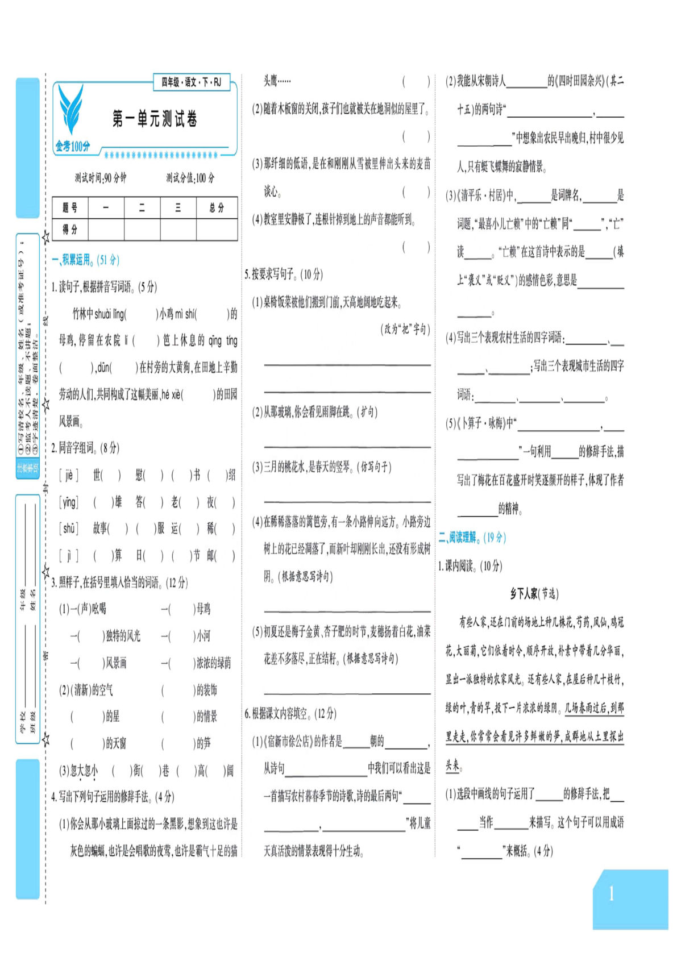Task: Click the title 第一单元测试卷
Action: [x=155, y=119]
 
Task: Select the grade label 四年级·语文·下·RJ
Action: [x=191, y=82]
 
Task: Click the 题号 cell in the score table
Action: [x=70, y=208]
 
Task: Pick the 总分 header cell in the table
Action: [x=217, y=208]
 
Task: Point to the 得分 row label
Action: [x=70, y=230]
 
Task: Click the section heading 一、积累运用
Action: [x=85, y=260]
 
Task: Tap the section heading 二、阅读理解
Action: [x=472, y=537]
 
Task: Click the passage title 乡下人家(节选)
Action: [x=534, y=594]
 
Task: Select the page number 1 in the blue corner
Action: [x=611, y=894]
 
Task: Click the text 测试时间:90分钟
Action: [x=101, y=178]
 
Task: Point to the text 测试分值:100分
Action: [x=190, y=178]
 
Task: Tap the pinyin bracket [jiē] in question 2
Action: [x=69, y=475]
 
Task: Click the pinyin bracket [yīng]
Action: [x=69, y=502]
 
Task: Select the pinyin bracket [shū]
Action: [x=69, y=529]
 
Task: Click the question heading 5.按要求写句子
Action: [x=284, y=274]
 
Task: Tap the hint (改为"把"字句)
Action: [x=405, y=329]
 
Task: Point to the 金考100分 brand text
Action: [x=73, y=147]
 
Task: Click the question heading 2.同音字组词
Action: [x=85, y=448]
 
